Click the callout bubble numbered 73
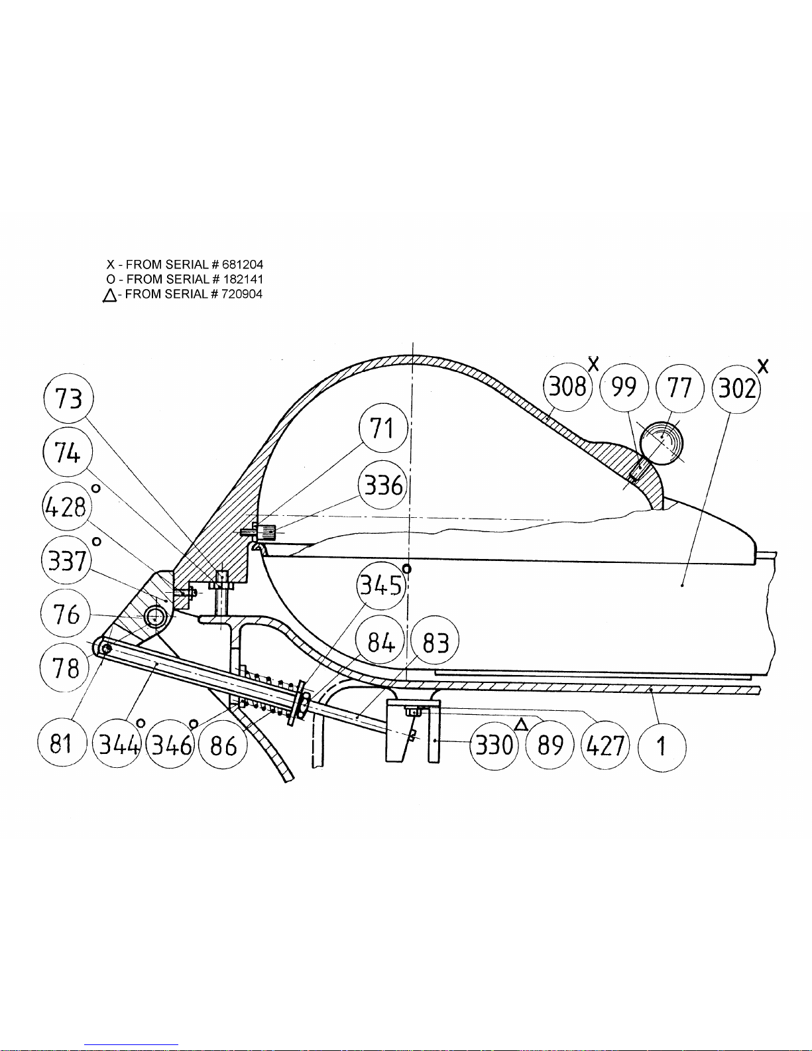(x=69, y=399)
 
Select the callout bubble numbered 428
(x=67, y=507)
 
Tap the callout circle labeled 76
(x=66, y=614)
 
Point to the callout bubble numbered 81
(x=62, y=743)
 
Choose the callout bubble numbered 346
(x=170, y=745)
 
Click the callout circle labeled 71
(x=383, y=428)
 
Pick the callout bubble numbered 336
(x=383, y=485)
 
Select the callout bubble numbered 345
(x=381, y=586)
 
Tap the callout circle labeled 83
(x=435, y=642)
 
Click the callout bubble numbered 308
(x=567, y=387)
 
